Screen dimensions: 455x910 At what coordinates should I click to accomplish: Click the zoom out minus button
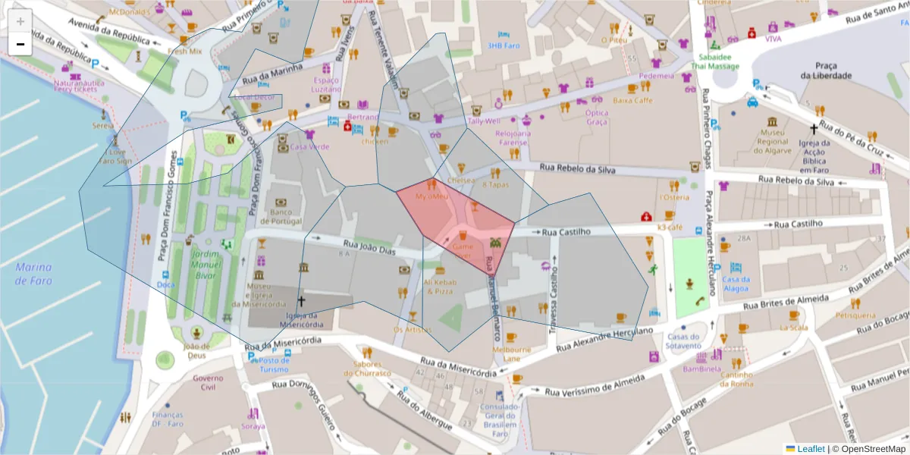[20, 44]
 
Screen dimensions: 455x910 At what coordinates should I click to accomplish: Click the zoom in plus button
[20, 21]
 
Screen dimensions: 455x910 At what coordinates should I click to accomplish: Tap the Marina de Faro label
[33, 274]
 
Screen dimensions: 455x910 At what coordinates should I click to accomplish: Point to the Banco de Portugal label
[286, 216]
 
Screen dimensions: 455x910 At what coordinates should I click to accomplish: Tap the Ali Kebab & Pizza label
[440, 287]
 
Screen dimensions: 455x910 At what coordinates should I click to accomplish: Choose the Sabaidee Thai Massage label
[714, 61]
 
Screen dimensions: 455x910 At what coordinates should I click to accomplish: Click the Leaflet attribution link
[811, 449]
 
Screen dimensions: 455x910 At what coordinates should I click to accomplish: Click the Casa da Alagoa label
[736, 284]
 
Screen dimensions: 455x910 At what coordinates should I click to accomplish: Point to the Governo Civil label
[208, 382]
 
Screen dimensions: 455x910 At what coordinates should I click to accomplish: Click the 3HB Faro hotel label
[504, 45]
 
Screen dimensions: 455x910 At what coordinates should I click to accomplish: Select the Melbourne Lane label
[511, 353]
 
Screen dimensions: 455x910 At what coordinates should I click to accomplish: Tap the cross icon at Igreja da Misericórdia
[301, 301]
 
